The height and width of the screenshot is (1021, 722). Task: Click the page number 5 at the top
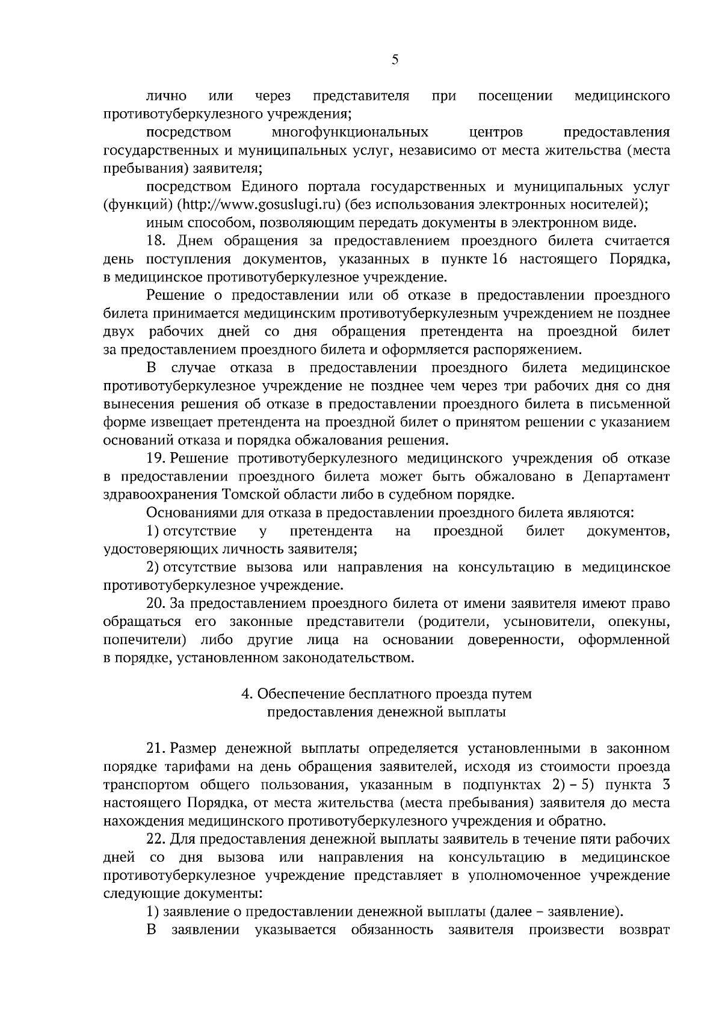pos(395,60)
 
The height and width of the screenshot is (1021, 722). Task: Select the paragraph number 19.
pos(156,459)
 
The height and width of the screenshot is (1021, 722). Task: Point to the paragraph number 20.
pos(157,604)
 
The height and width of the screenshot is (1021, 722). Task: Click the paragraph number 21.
pos(156,749)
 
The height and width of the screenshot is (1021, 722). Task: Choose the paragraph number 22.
pos(157,839)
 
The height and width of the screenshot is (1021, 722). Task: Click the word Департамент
pos(626,477)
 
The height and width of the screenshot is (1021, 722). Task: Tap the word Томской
pos(250,495)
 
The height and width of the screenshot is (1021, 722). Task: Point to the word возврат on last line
pos(644,948)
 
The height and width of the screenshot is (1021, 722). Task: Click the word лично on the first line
pos(166,96)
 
